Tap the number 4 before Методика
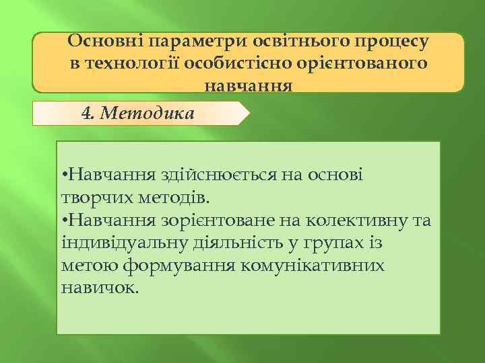(x=86, y=113)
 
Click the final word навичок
(x=100, y=287)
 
